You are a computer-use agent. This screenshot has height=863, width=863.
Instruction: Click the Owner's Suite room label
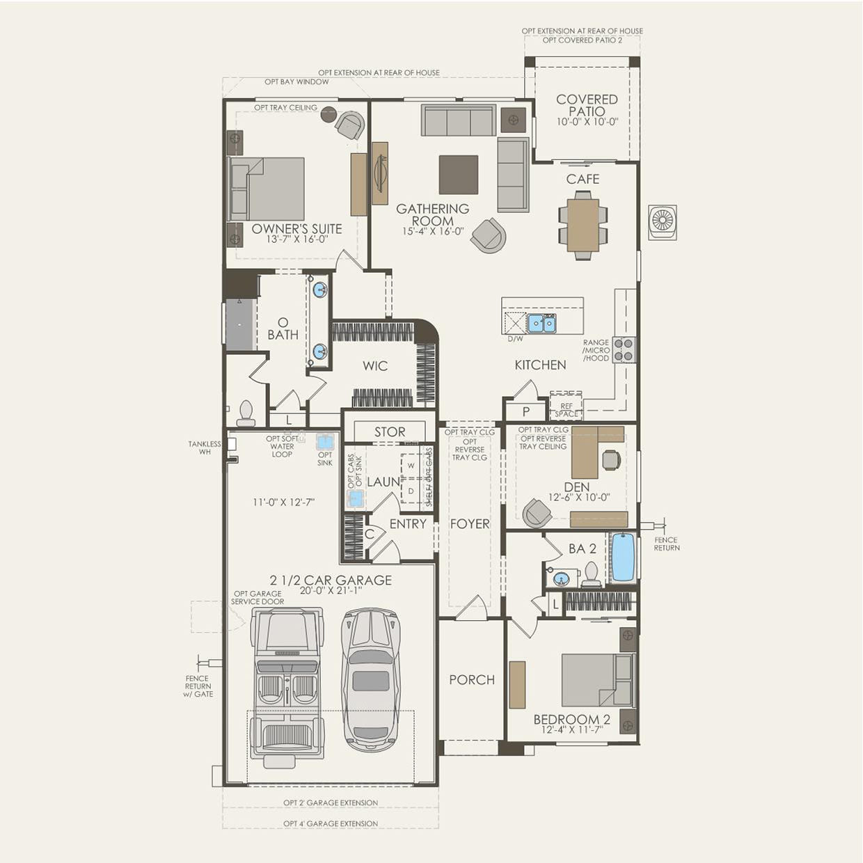[x=296, y=229]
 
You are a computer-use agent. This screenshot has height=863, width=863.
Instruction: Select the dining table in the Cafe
[x=583, y=225]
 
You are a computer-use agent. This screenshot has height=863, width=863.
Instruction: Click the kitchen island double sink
[x=541, y=324]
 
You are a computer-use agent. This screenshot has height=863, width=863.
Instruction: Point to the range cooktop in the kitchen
[x=625, y=349]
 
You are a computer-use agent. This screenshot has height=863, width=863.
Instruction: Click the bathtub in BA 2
[x=623, y=557]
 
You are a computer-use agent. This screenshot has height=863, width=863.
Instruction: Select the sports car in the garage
[x=370, y=679]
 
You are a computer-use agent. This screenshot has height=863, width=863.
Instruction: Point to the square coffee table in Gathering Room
[x=458, y=175]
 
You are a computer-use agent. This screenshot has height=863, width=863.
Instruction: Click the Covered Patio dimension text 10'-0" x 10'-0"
[x=587, y=122]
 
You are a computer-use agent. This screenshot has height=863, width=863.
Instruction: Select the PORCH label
[x=472, y=680]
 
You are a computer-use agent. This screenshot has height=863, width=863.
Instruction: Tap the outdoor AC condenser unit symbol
[x=662, y=222]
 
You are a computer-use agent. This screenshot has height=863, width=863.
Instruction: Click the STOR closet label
[x=390, y=432]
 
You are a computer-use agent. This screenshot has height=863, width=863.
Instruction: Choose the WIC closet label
[x=375, y=366]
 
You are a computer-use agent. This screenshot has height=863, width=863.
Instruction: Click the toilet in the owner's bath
[x=246, y=413]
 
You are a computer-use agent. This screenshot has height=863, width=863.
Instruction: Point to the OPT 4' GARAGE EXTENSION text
[x=331, y=824]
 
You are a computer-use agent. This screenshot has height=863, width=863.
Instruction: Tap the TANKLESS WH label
[x=205, y=448]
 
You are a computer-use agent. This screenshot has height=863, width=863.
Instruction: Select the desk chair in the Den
[x=611, y=459]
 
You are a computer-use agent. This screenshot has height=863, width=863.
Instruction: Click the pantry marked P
[x=526, y=411]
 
